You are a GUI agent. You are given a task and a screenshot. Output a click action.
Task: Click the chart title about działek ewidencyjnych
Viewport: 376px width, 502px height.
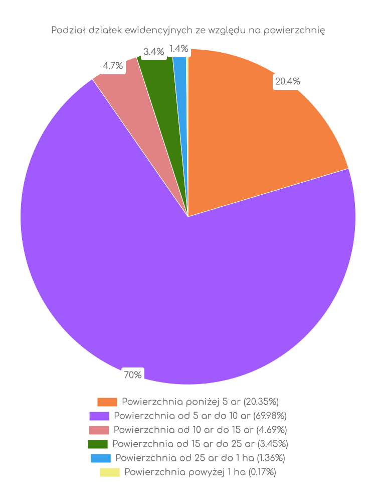[188, 31]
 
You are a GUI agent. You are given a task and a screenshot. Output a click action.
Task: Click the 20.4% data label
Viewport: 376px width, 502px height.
[288, 81]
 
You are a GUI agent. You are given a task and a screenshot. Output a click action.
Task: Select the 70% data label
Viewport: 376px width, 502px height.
[133, 375]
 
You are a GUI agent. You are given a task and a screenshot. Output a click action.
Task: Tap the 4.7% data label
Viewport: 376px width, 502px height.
[113, 66]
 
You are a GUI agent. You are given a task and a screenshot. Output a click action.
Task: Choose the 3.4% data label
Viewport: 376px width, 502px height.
[153, 51]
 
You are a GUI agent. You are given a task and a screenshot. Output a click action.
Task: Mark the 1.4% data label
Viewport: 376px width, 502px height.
[178, 49]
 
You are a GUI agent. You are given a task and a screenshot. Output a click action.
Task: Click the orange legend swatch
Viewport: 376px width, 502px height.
[107, 402]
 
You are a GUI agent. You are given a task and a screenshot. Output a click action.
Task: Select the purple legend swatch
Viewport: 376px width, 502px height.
[99, 416]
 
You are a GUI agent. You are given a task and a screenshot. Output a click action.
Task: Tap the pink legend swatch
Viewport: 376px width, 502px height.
[99, 430]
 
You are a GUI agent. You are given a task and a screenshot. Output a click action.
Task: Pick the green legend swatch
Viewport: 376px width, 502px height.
[98, 444]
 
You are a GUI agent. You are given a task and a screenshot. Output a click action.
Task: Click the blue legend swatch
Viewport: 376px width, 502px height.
[101, 458]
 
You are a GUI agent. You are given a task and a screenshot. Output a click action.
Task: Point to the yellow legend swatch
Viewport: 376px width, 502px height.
[110, 472]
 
